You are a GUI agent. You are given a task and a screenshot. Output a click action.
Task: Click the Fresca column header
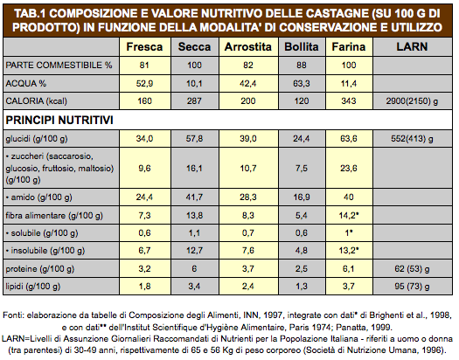click(144, 47)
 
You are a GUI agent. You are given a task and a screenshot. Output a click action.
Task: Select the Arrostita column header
click(248, 47)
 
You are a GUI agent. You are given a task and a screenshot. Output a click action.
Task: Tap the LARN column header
click(412, 47)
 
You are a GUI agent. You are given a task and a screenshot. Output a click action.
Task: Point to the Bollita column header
click(302, 47)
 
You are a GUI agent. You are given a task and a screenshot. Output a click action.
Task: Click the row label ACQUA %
click(25, 84)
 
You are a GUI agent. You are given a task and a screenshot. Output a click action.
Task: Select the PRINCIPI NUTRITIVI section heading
click(59, 121)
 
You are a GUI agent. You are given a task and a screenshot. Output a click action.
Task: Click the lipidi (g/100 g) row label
click(33, 287)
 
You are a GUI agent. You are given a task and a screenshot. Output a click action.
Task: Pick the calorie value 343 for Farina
click(349, 100)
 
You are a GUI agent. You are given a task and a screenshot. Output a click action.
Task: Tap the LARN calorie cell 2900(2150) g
click(412, 101)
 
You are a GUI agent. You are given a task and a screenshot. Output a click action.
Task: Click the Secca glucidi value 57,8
click(194, 138)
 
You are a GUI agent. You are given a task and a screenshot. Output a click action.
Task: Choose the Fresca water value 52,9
click(144, 84)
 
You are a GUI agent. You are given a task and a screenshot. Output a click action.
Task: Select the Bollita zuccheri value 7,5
click(302, 168)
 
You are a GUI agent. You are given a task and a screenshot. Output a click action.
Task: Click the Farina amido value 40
click(349, 197)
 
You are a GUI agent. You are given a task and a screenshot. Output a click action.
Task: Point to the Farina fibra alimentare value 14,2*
click(349, 216)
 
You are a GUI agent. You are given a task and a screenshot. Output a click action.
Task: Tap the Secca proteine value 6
click(194, 269)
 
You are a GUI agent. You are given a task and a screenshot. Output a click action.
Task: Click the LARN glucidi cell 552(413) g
click(412, 139)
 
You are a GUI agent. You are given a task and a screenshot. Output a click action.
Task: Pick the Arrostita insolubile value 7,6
click(248, 251)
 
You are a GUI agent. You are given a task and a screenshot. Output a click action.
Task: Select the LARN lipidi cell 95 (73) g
click(412, 287)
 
